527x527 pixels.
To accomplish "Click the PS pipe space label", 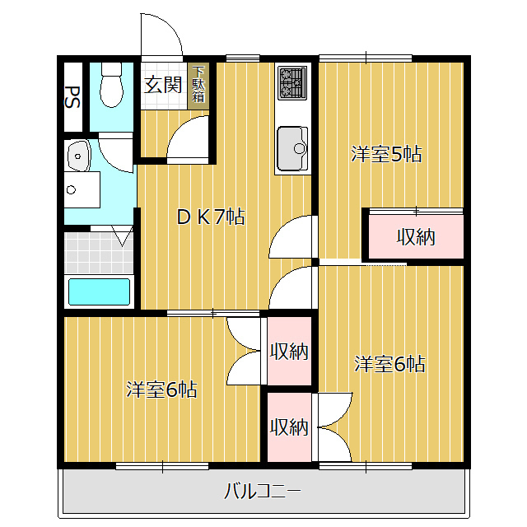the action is tap(72, 97).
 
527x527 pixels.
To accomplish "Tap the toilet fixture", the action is tap(112, 85).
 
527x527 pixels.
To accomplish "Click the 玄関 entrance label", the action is tap(163, 85).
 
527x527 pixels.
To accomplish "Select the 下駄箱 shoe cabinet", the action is tap(198, 86).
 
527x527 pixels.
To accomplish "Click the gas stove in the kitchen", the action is tap(292, 82).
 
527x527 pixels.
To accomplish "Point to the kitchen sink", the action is tap(292, 149).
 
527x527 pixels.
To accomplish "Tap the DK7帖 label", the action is tap(211, 217).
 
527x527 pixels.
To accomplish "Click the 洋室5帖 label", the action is tap(386, 154).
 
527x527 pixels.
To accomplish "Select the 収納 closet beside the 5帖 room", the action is tap(416, 236).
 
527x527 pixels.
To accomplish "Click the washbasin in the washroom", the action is tap(79, 156).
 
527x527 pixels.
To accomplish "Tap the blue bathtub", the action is tap(99, 291).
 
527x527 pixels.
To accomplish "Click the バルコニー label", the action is tap(263, 492).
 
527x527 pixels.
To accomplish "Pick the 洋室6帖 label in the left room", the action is tap(161, 389).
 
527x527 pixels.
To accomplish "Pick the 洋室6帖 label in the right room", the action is tap(389, 364).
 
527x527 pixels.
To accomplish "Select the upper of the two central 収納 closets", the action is tap(289, 351).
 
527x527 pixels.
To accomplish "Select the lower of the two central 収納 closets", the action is tap(289, 427).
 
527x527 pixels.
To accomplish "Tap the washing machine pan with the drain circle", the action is tap(82, 189).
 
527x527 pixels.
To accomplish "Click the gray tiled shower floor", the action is tap(99, 252).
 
